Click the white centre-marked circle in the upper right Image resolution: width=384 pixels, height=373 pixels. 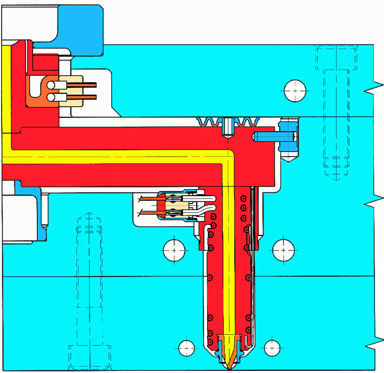pyautogui.click(x=294, y=91)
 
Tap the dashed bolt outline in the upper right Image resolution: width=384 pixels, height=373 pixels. pyautogui.click(x=336, y=112)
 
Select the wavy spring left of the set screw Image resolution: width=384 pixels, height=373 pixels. pyautogui.click(x=209, y=122)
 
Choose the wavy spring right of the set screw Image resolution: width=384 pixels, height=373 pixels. pyautogui.click(x=246, y=122)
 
